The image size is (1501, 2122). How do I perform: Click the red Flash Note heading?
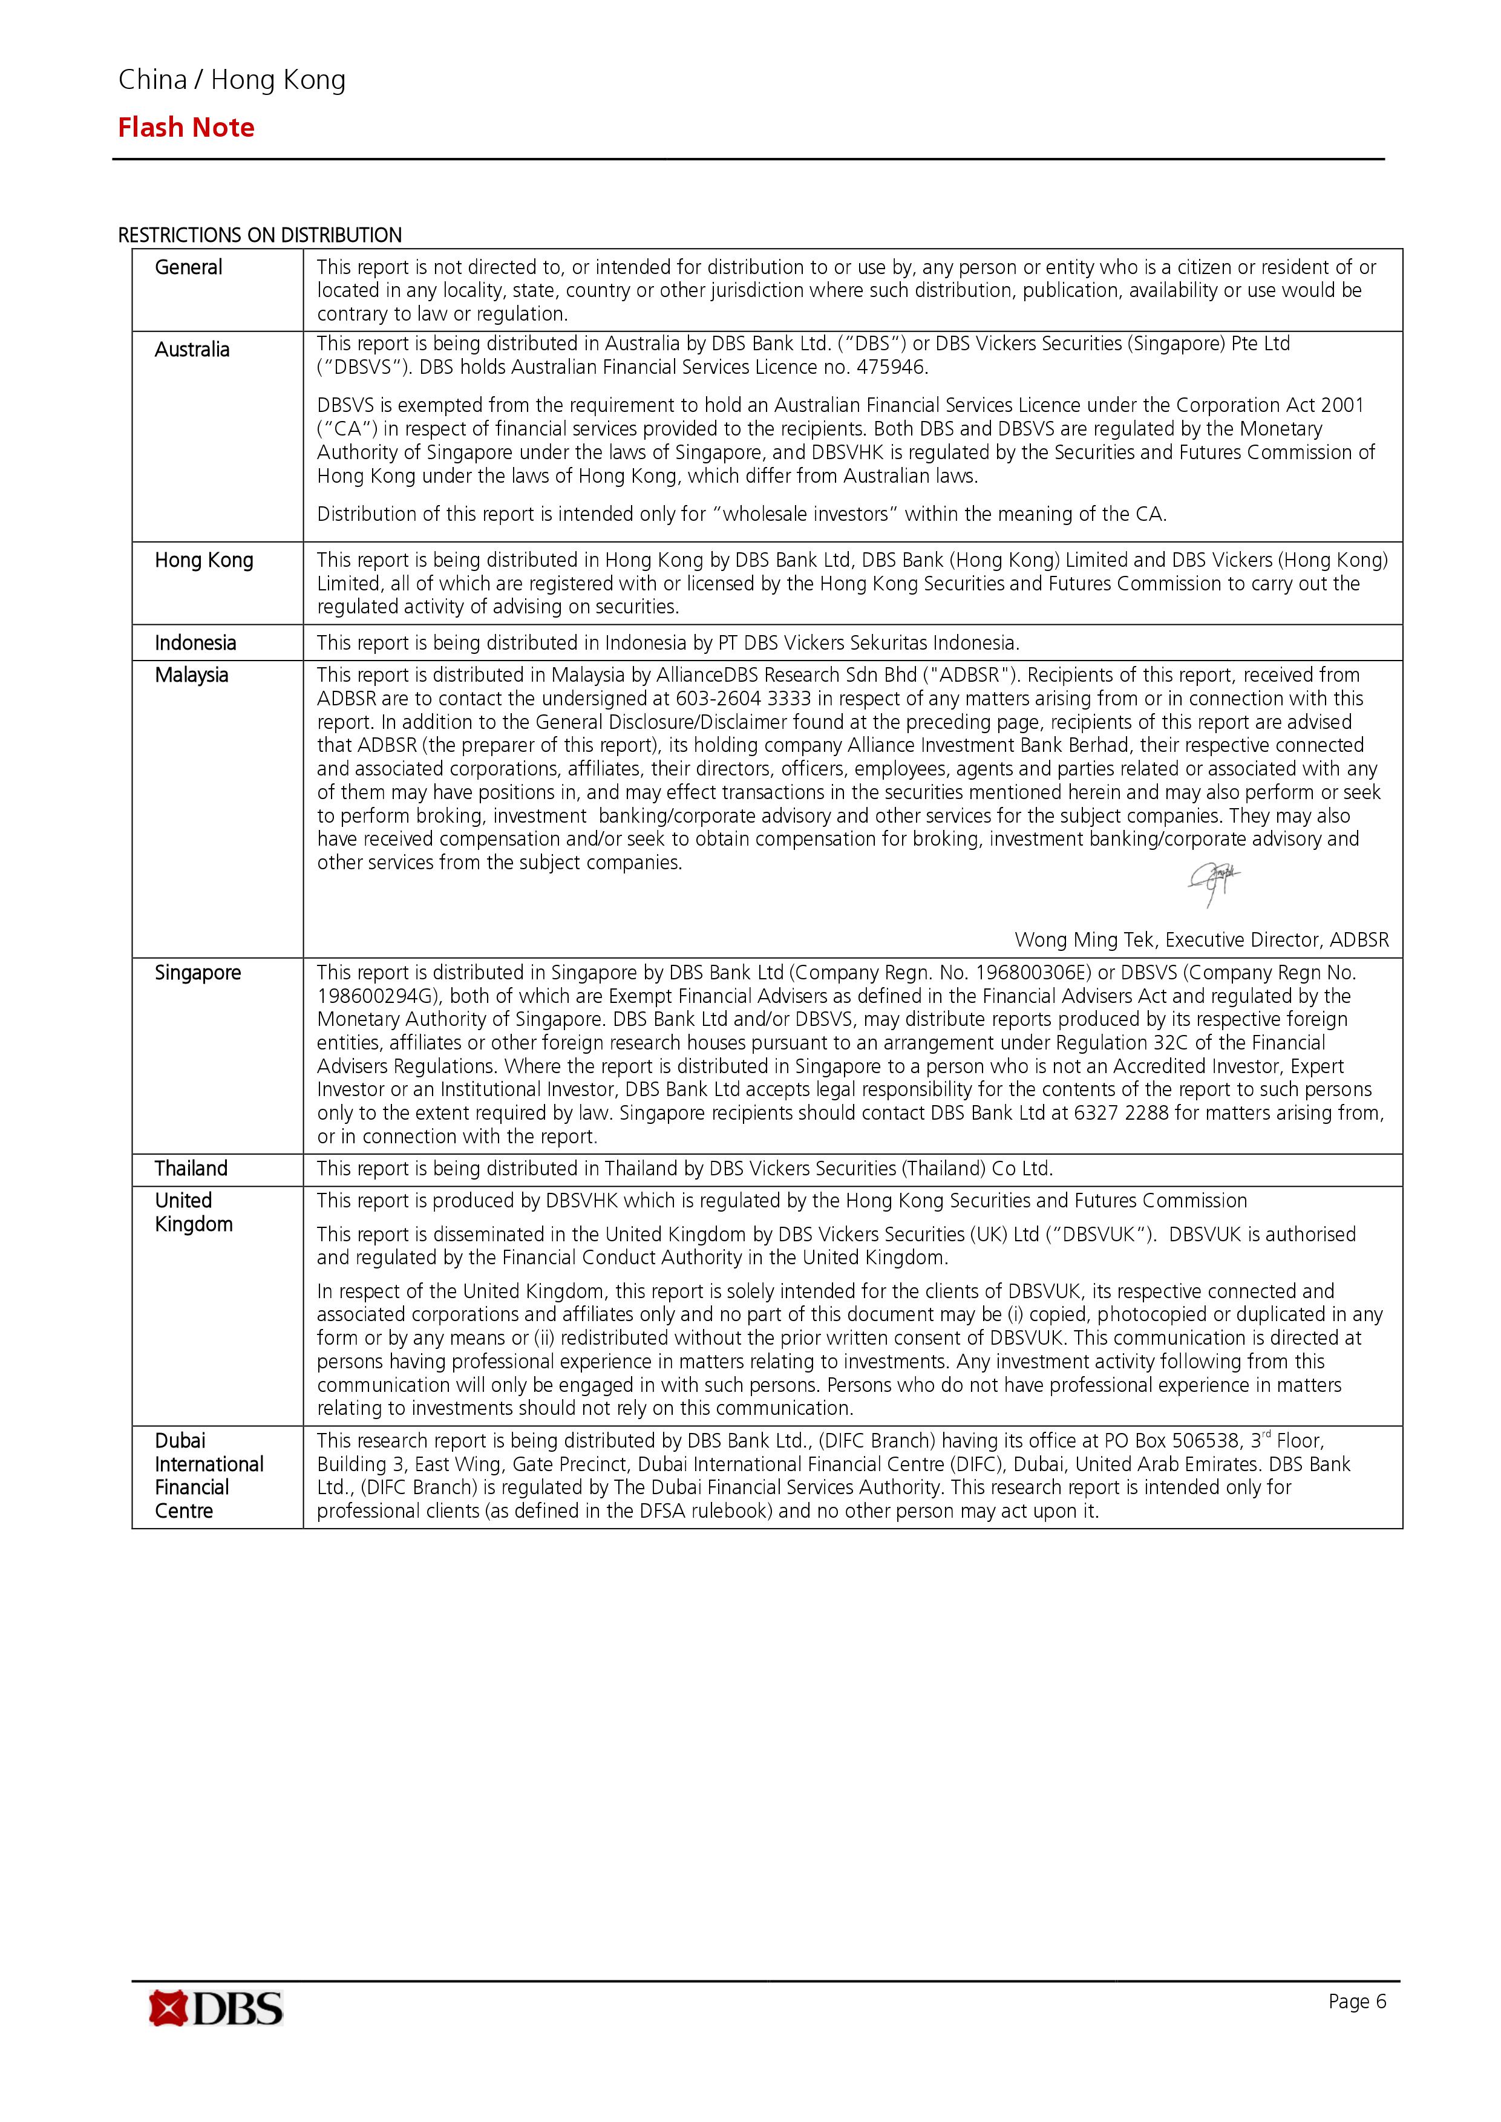186,128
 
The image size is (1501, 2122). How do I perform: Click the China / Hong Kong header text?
232,80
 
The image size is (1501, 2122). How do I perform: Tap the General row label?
189,267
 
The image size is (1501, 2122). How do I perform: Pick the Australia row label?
192,350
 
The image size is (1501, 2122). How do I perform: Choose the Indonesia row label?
195,642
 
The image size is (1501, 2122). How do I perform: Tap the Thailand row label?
191,1168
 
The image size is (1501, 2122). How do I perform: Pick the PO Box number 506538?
1205,1441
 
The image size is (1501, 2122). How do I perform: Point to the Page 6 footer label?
1357,2002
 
